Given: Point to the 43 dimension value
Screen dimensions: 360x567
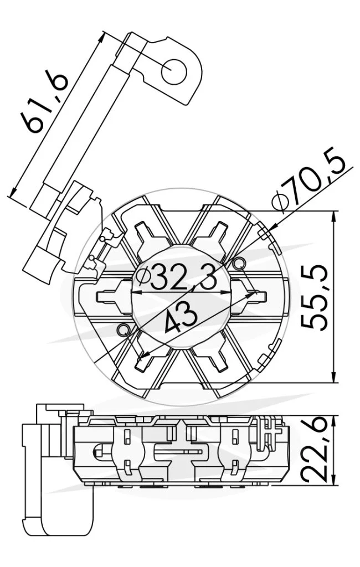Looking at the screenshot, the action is pyautogui.click(x=181, y=318).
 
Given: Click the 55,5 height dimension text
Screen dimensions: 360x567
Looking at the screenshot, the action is pyautogui.click(x=315, y=297).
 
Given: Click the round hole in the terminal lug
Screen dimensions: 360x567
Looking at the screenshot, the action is pyautogui.click(x=174, y=70).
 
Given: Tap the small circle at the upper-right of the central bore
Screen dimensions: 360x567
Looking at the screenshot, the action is pyautogui.click(x=239, y=263).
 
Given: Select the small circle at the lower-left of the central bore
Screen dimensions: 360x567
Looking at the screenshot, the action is pyautogui.click(x=124, y=329).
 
